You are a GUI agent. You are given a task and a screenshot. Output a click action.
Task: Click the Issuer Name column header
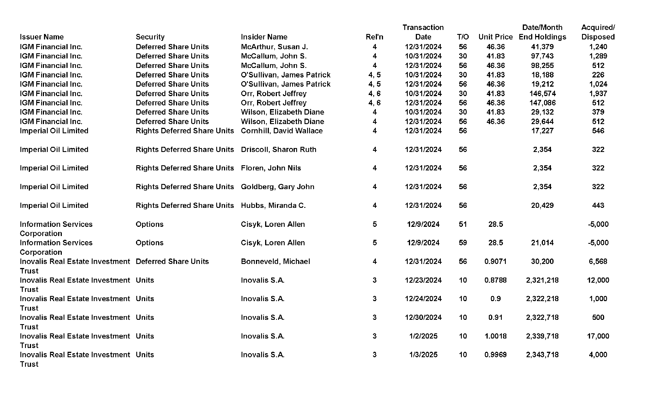coord(42,37)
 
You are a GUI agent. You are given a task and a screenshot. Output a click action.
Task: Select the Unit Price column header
coord(495,37)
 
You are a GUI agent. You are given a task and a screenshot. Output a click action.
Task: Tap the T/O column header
coord(463,37)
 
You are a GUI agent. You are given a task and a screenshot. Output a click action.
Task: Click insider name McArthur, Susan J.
coord(274,47)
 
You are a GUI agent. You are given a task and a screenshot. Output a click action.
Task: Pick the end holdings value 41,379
coord(542,47)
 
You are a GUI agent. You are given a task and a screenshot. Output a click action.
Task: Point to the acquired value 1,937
coord(598,94)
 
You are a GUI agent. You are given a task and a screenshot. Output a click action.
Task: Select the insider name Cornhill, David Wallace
coord(282,131)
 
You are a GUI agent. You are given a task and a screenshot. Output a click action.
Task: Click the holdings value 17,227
coord(542,131)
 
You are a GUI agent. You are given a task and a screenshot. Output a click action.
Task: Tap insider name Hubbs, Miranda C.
coord(273,205)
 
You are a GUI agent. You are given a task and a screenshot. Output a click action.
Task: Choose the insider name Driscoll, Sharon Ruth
coord(278,149)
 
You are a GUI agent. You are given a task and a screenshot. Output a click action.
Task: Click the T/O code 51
coord(463,224)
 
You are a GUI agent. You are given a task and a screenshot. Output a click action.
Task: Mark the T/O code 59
coord(463,243)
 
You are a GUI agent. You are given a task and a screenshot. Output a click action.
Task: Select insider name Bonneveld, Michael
coord(275,261)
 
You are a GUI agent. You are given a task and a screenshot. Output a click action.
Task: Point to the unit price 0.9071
coord(495,261)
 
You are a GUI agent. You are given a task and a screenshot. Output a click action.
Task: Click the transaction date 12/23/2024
coord(423,280)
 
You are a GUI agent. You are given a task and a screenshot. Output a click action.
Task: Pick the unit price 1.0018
coord(495,336)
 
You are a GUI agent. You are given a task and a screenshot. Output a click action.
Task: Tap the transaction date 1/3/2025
coord(423,355)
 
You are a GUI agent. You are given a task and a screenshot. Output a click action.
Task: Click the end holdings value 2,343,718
coord(542,355)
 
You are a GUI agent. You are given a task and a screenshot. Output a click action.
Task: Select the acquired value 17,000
coord(598,336)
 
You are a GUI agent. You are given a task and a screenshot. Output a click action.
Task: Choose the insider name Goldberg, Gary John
coord(277,187)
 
